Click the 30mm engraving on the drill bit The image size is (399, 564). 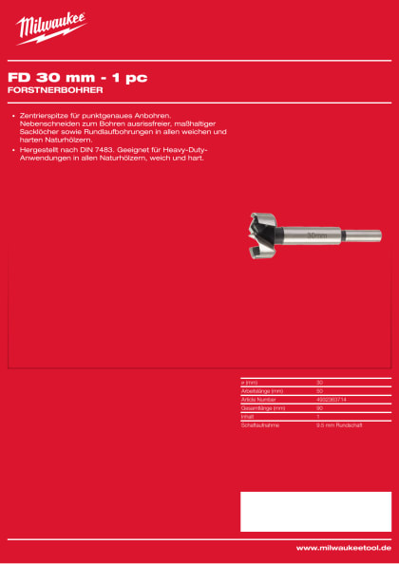tap(316, 233)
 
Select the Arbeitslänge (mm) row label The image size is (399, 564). tap(264, 390)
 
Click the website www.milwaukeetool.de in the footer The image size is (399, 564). tap(343, 548)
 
